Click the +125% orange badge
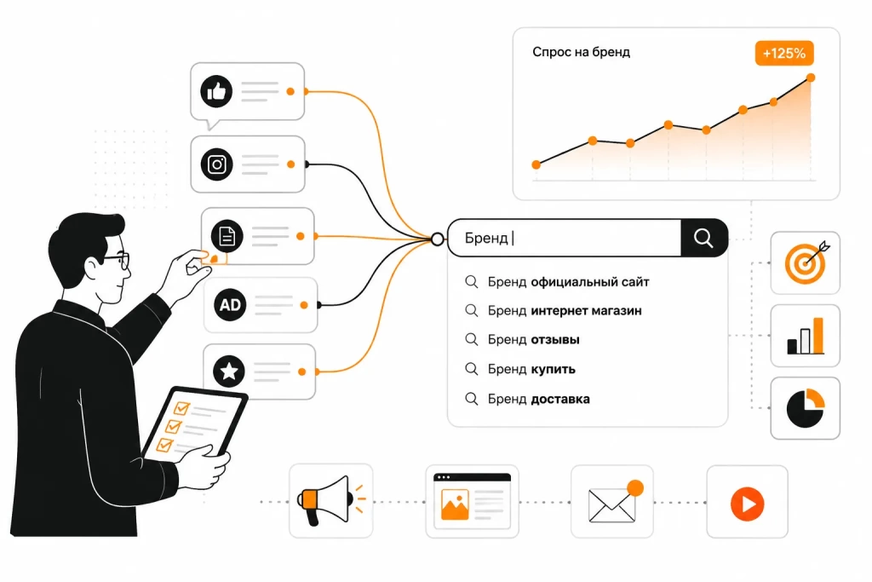784,54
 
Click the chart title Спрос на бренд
581,52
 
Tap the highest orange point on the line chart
811,78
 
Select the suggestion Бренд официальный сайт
568,282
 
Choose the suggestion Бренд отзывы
533,339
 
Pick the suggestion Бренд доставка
538,399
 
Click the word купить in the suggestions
554,370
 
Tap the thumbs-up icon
216,91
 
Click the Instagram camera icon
217,164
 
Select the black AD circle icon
230,305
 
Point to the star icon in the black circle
229,372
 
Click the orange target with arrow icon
806,262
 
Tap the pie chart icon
806,408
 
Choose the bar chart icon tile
806,336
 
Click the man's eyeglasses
118,261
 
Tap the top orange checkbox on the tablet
181,408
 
